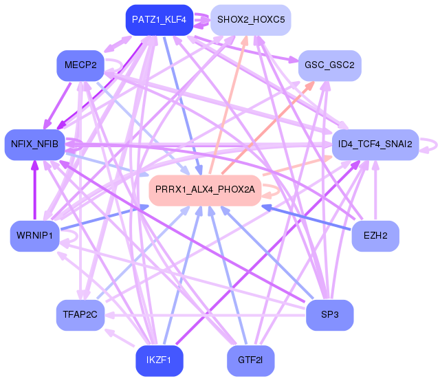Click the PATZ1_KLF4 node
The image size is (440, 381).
coord(159,20)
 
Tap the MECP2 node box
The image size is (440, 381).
coord(80,65)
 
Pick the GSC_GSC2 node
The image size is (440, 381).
coord(329,65)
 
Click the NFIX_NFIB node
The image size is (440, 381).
coord(34,144)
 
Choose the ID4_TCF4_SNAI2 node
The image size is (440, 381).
coord(375,144)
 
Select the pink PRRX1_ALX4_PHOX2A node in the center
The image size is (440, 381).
coord(205,189)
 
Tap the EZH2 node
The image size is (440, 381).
coord(375,237)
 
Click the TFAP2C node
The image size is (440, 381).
coord(80,315)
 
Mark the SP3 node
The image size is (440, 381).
coord(329,315)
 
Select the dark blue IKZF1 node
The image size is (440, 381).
coord(159,360)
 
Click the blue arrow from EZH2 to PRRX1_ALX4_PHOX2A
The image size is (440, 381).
coord(309,217)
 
